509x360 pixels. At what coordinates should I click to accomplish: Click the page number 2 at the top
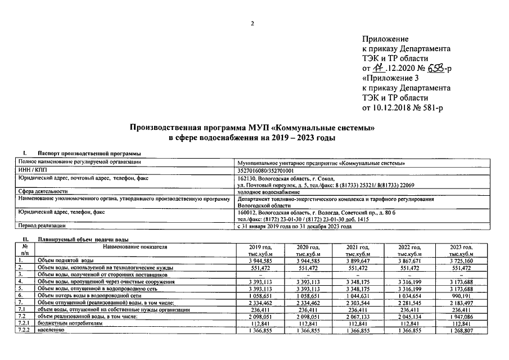[253, 23]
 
